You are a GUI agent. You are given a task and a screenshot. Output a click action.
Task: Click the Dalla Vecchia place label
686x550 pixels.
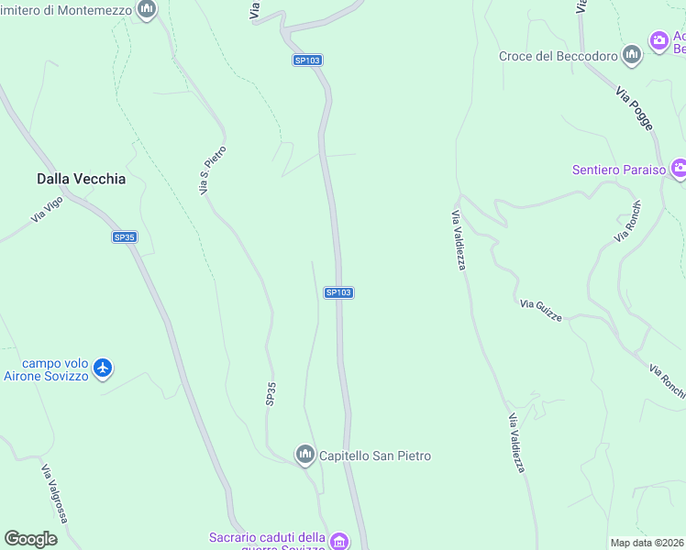pos(81,180)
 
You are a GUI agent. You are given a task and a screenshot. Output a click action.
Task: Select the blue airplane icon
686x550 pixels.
pos(103,368)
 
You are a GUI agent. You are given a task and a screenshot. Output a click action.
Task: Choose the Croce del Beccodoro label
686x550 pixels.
pos(558,56)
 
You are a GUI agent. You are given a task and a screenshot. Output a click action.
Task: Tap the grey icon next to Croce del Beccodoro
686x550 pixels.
pos(631,56)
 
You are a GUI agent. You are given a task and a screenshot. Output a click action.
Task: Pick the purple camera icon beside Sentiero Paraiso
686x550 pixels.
pos(679,168)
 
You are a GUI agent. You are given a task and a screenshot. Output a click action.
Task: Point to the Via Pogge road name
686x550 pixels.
pos(635,109)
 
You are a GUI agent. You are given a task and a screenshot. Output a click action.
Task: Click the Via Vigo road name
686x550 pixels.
pos(46,210)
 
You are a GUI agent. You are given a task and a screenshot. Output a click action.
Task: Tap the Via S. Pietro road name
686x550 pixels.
pos(213,170)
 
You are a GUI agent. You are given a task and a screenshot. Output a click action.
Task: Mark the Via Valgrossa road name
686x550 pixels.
pos(53,494)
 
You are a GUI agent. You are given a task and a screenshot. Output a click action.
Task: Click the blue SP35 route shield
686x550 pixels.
pos(125,237)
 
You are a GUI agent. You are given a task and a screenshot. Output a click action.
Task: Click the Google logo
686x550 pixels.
pos(30,539)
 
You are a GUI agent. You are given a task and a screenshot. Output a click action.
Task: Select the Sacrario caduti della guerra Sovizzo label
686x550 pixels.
pos(267,541)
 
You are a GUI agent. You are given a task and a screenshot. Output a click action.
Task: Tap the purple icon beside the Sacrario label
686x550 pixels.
pos(339,541)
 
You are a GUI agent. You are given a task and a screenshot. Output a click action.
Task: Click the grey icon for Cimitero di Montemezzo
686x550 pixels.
pos(146,9)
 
